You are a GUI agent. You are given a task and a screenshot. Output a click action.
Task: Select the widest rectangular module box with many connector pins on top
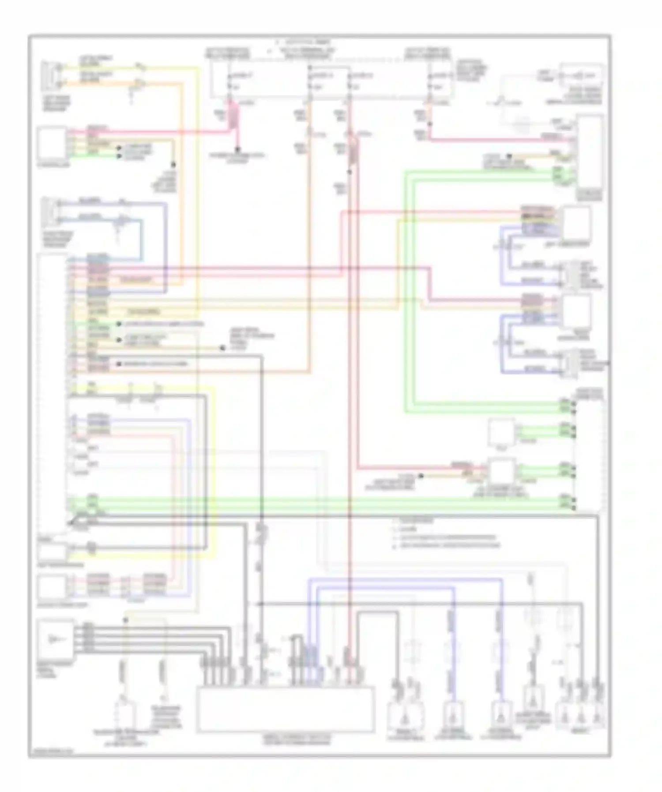(286, 709)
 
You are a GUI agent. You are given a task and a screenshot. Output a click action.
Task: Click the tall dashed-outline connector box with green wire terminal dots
(589, 454)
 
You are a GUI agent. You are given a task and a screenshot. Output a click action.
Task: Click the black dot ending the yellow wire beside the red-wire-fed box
(421, 476)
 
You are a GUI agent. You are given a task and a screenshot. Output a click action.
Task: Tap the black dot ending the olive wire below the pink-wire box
(173, 165)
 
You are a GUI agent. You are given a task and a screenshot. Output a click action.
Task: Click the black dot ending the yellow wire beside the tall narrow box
(509, 155)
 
